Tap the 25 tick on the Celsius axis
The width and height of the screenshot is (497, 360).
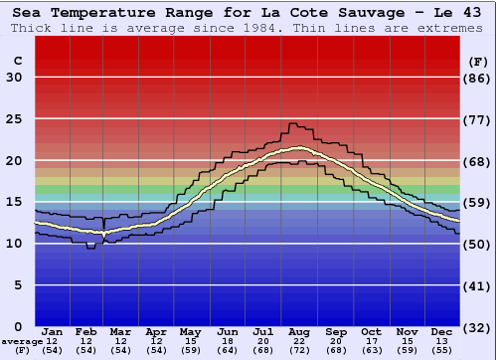pyautogui.click(x=14, y=119)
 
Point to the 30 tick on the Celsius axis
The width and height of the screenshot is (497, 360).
pyautogui.click(x=14, y=78)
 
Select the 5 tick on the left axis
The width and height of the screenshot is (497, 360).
pyautogui.click(x=18, y=285)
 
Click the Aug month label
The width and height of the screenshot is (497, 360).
pyautogui.click(x=299, y=332)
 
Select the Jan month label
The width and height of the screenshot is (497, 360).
pyautogui.click(x=54, y=332)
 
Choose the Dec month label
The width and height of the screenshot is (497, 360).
pyautogui.click(x=443, y=332)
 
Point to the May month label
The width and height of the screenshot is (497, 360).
pyautogui.click(x=189, y=332)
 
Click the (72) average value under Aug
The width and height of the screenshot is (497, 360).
pyautogui.click(x=299, y=351)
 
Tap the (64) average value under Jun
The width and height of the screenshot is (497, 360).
pyautogui.click(x=228, y=351)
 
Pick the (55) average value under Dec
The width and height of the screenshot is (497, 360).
pyautogui.click(x=443, y=351)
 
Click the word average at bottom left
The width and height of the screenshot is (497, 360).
pyautogui.click(x=22, y=341)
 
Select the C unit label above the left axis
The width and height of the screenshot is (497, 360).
pyautogui.click(x=17, y=61)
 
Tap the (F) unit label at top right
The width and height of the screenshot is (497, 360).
pyautogui.click(x=477, y=61)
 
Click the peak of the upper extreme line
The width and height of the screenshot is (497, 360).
pyautogui.click(x=292, y=124)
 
